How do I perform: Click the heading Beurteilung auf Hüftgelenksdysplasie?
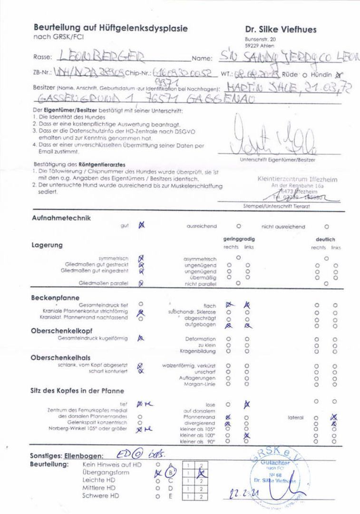coord(110,29)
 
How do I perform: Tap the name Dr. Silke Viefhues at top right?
coord(281,30)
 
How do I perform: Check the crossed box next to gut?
coord(141,226)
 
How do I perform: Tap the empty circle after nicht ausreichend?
coord(326,227)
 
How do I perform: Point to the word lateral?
coord(295,417)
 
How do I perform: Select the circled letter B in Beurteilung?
coord(170,473)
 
